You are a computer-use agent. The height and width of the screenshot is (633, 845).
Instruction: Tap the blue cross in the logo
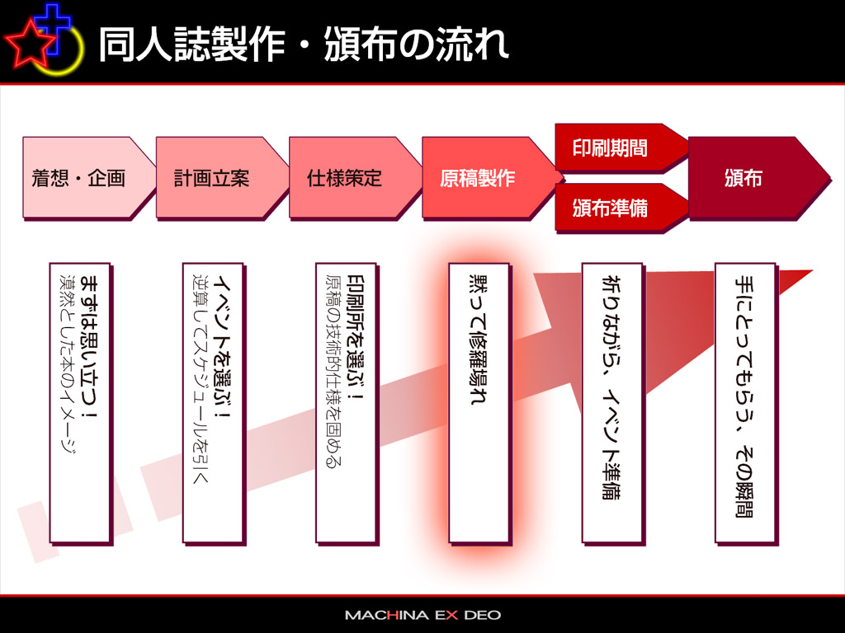52,28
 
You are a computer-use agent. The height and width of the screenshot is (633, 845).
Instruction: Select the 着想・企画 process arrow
87,178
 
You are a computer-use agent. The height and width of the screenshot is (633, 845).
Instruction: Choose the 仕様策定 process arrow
354,178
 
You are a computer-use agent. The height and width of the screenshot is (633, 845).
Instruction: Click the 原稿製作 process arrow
489,178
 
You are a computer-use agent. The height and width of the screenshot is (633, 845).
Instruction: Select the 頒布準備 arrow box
621,208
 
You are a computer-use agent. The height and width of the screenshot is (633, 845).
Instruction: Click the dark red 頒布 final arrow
758,178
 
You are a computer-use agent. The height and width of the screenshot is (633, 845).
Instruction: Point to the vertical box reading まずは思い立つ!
81,404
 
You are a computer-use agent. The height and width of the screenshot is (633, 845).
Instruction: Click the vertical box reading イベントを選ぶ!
214,404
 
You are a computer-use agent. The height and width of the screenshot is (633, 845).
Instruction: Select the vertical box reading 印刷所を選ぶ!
347,404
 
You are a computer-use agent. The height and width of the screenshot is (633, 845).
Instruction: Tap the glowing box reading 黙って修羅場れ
479,404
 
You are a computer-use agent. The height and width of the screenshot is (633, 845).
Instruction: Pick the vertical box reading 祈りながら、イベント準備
613,404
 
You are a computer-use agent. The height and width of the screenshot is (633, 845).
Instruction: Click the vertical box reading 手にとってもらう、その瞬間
746,404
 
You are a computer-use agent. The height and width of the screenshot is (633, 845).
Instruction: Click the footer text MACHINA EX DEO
423,615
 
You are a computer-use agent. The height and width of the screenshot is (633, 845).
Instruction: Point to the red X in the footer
451,615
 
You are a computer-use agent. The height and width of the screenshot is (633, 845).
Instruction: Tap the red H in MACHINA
393,615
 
